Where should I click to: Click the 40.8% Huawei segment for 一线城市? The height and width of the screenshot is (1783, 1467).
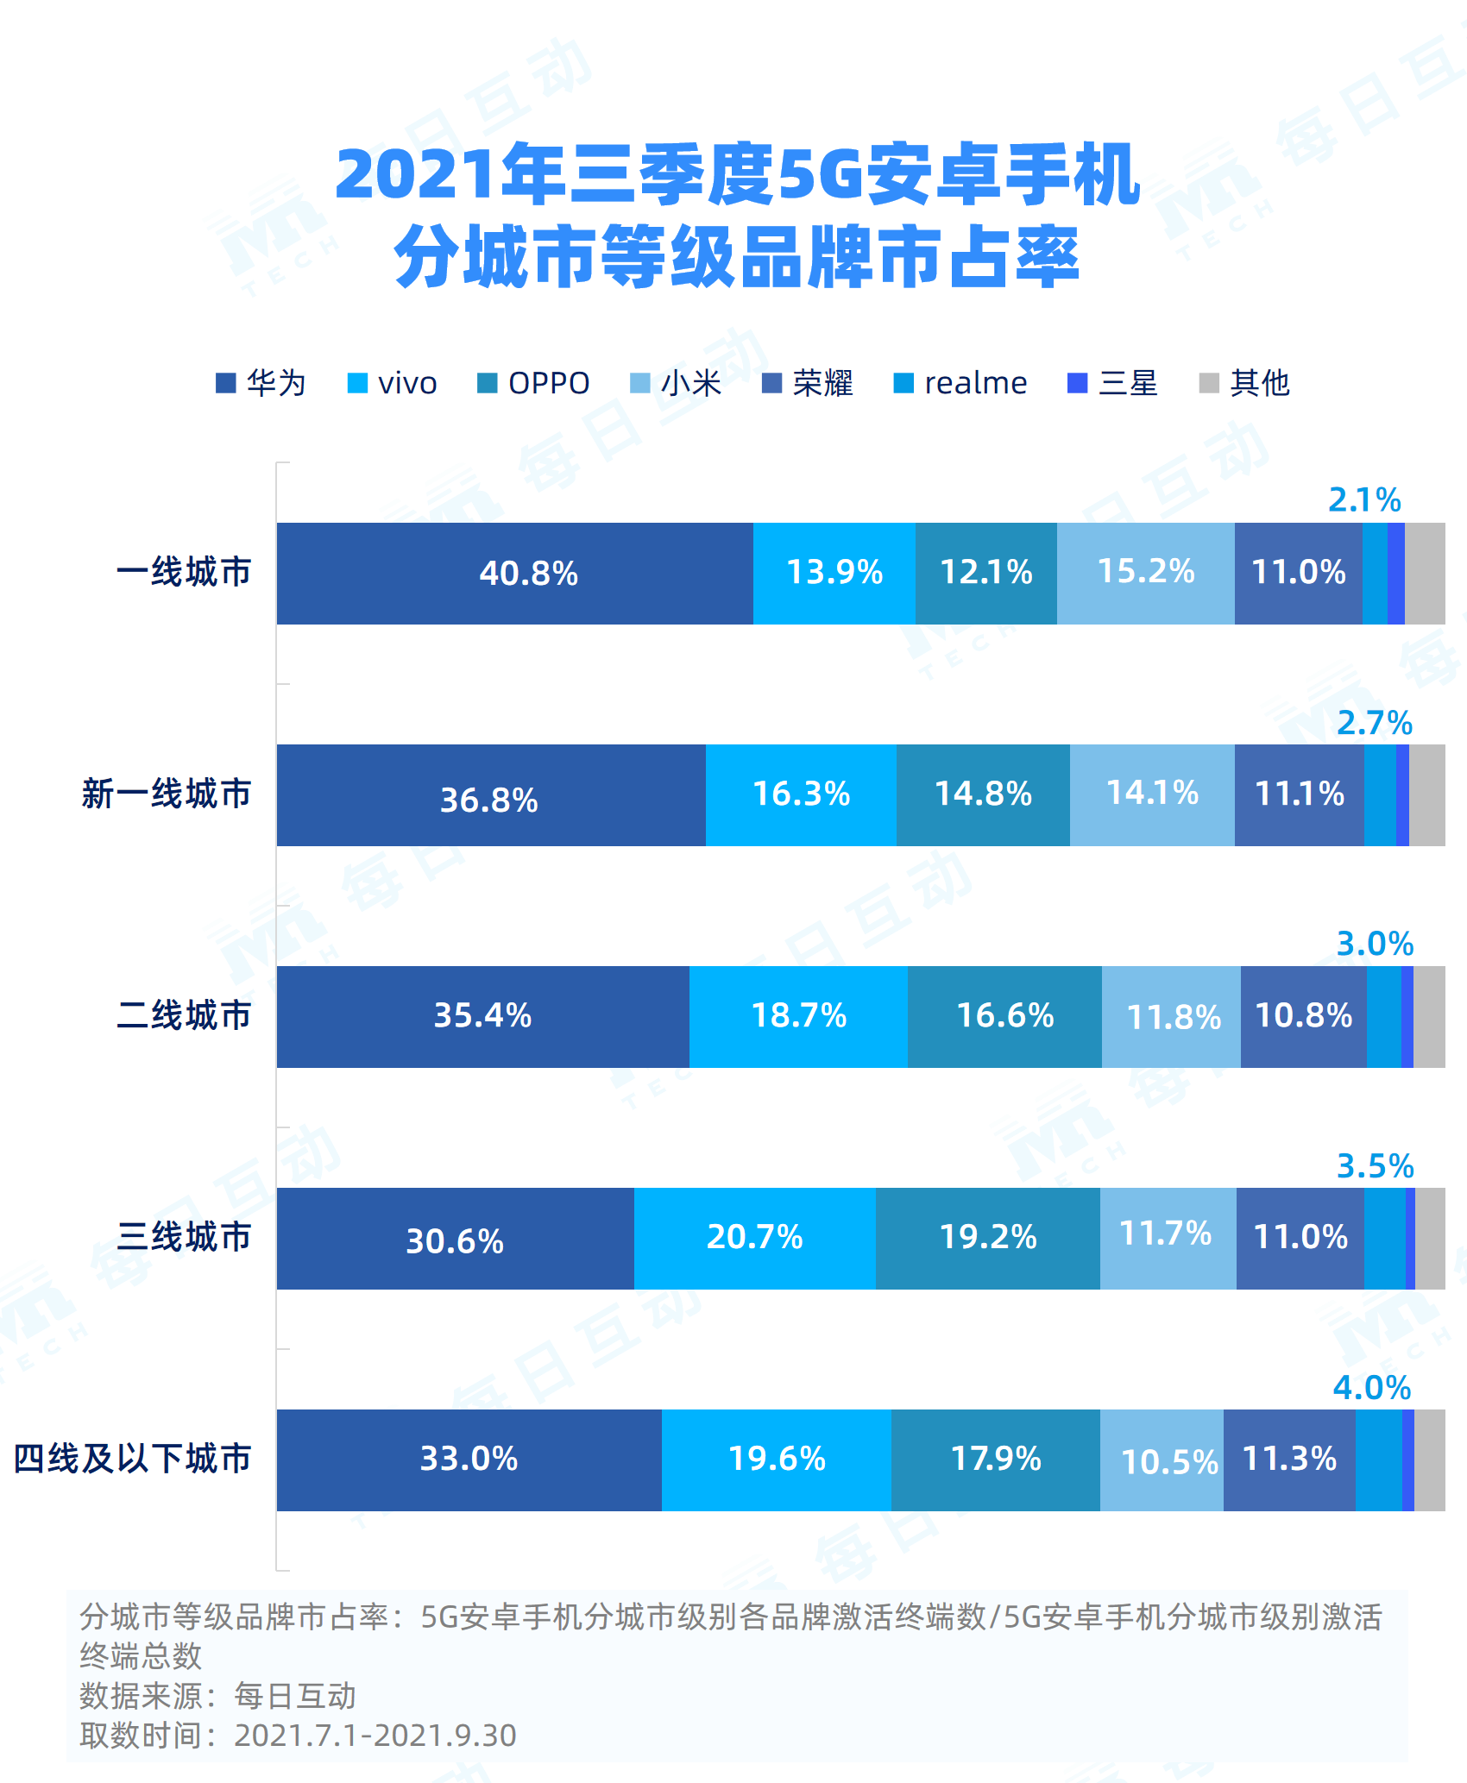coord(515,573)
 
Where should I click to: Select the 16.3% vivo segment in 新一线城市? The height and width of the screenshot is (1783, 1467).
coord(801,794)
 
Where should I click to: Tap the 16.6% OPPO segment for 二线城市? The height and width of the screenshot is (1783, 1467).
coord(1004,1016)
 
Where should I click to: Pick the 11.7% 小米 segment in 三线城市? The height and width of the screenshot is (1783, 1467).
coord(1167,1237)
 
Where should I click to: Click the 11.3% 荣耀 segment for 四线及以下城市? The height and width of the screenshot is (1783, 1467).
coord(1289,1460)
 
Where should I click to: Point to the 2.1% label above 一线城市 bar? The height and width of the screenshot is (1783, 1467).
coord(1364,500)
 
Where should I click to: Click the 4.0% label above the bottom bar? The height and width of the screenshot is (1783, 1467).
coord(1372,1388)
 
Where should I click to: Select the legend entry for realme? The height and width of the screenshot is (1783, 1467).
coord(960,383)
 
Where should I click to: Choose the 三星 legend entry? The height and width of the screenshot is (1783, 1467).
coord(1113,383)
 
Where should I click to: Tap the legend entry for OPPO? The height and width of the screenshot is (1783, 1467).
coord(534,383)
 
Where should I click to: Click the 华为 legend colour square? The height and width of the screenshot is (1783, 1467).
coord(226,383)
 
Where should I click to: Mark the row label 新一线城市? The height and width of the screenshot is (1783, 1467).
coord(166,794)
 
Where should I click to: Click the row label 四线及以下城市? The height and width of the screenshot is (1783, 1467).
coord(132,1460)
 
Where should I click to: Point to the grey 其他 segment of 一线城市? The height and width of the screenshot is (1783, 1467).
coord(1425,573)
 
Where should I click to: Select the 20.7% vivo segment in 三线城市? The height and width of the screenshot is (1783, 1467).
coord(754,1237)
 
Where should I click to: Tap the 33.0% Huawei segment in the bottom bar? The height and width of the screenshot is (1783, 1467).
coord(469,1460)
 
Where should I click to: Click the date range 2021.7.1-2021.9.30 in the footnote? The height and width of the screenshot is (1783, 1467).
coord(375,1736)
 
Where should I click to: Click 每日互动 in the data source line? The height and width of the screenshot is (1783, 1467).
coord(295,1697)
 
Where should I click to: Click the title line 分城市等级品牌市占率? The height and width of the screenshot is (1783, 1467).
coord(736,257)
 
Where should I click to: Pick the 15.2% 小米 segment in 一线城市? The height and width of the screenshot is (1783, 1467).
coord(1145,573)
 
